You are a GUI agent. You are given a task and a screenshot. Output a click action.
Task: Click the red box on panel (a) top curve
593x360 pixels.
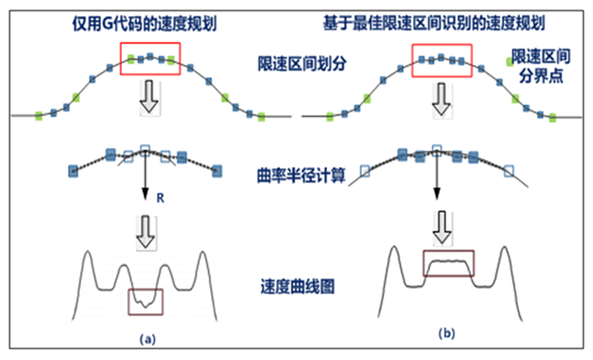click(149, 60)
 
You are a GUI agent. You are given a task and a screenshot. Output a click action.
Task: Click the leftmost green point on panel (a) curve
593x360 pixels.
click(38, 116)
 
